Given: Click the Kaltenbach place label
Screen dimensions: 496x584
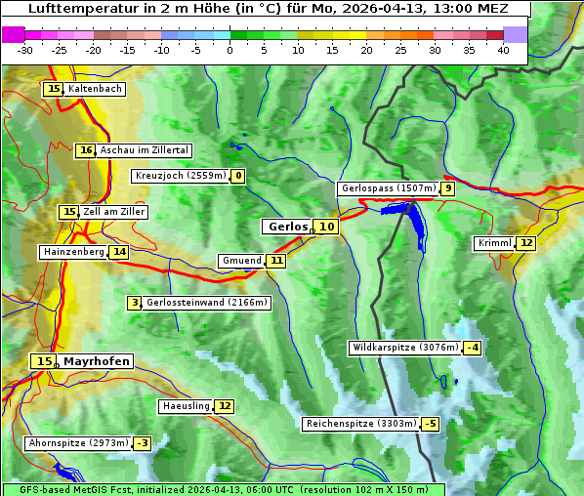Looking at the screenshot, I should click(95, 89).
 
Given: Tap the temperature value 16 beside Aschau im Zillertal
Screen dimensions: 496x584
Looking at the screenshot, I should click(86, 150).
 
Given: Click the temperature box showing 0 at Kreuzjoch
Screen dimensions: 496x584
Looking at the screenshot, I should click(237, 176).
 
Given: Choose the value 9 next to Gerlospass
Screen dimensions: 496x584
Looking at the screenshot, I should click(447, 188).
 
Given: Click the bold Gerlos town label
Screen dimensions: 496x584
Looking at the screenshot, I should click(287, 227).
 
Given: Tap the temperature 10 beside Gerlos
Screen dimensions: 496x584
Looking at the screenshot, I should click(326, 227).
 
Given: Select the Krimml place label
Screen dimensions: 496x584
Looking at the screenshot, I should click(494, 243).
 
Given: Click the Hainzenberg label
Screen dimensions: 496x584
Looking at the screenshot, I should click(73, 252).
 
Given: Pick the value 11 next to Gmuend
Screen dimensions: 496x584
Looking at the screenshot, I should click(276, 261).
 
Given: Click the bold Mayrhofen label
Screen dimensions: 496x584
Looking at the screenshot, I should click(96, 361).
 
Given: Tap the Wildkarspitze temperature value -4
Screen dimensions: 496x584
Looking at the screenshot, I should click(473, 348).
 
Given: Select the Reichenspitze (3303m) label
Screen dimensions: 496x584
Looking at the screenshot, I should click(360, 424).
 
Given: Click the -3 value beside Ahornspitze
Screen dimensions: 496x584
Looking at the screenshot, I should click(142, 443).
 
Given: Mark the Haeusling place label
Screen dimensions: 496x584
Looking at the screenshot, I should click(186, 406).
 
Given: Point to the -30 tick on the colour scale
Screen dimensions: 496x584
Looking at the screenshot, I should click(25, 50).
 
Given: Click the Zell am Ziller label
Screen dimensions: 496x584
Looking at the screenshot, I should click(114, 212).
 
